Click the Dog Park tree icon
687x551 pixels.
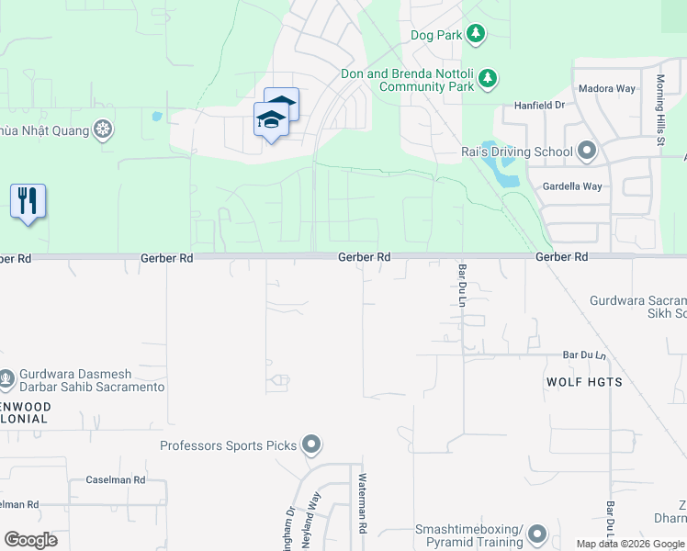click(475, 35)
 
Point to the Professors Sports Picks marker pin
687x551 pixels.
click(311, 446)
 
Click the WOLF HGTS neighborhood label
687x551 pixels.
click(584, 382)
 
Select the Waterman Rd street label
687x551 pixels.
click(363, 504)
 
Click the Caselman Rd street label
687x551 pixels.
click(115, 480)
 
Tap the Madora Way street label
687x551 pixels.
click(606, 89)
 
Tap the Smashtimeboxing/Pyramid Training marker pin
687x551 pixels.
click(537, 533)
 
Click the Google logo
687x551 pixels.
click(30, 539)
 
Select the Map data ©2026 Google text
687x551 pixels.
click(630, 544)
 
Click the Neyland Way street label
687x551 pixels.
click(315, 514)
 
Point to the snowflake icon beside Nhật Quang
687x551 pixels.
click(104, 129)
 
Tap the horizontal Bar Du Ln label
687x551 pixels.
click(584, 354)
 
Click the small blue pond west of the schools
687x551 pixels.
click(156, 117)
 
